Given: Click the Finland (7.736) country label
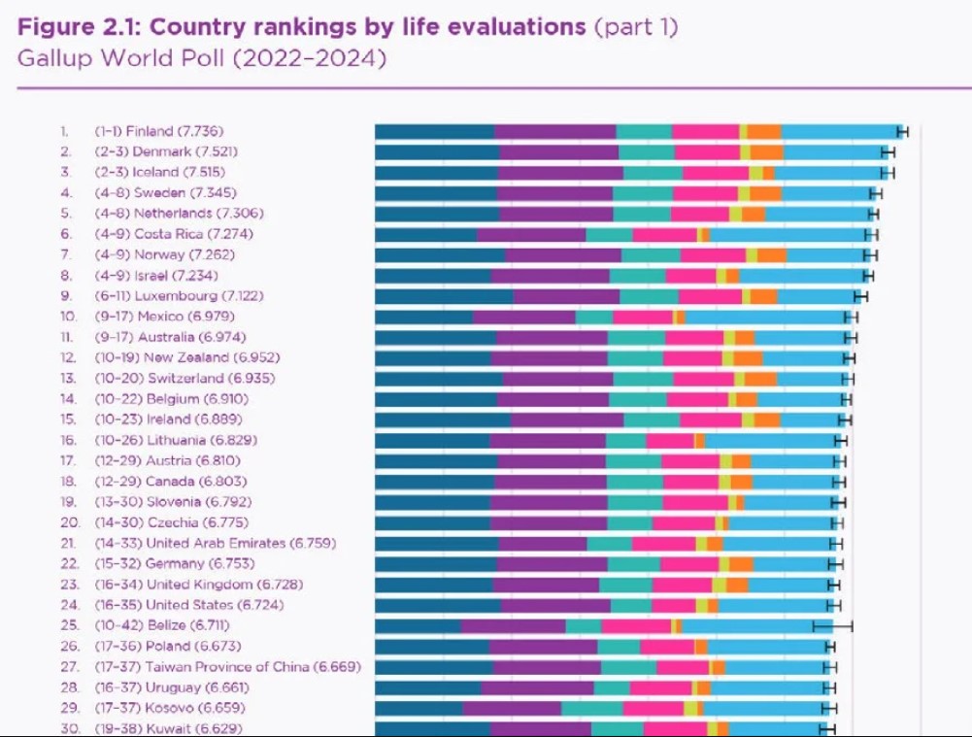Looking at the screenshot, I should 182,131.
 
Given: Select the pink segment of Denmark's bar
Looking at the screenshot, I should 707,151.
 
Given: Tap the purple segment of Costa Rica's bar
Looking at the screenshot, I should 531,234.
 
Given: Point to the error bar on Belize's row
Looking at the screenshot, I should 832,625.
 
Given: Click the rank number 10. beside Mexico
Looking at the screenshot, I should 68,317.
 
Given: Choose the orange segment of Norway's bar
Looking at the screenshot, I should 772,254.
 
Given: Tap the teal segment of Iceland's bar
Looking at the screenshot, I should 653,172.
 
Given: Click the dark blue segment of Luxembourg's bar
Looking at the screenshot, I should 444,296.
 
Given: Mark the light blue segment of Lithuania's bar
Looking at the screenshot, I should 769,441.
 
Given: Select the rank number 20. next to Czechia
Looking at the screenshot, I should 69,522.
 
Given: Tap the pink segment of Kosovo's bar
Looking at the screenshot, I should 653,708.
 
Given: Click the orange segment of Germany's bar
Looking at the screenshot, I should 741,564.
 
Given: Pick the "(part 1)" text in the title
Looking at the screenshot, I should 636,27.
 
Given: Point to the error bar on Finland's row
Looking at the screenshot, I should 902,131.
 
